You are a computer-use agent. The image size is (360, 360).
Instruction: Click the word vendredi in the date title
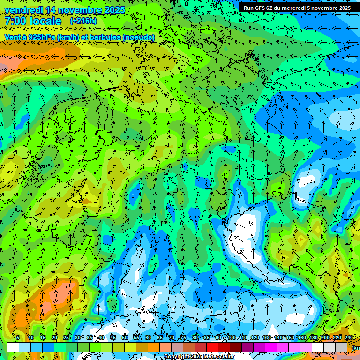tap(24, 10)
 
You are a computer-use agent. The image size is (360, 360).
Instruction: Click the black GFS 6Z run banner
tap(297, 8)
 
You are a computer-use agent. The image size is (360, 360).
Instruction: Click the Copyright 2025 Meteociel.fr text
tap(197, 357)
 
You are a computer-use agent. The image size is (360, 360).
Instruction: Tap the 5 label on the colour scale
tap(18, 338)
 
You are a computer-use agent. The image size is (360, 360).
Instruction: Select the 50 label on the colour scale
tap(124, 338)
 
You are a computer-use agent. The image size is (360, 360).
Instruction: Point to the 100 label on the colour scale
tap(231, 338)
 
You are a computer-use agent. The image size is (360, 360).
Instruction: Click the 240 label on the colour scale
tap(348, 338)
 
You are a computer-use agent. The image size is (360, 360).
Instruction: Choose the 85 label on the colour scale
tap(207, 338)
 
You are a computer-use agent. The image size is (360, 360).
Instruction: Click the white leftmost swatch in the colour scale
tap(13, 347)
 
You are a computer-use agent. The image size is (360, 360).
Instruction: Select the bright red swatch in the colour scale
tap(212, 347)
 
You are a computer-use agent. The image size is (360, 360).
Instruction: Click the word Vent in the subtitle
tap(14, 37)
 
